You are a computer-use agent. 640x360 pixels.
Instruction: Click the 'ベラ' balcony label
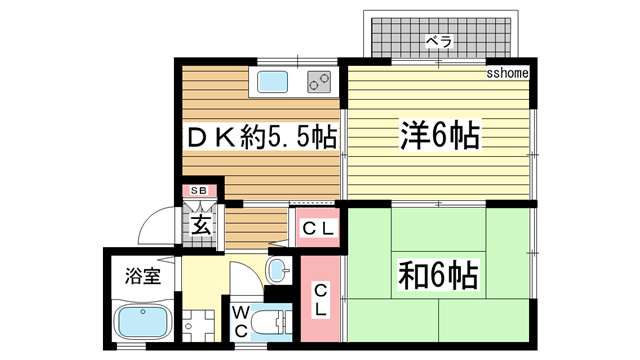439,42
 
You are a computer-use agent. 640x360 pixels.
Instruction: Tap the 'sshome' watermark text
507,73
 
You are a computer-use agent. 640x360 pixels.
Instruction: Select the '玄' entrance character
200,222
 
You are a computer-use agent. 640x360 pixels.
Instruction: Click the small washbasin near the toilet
277,269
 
